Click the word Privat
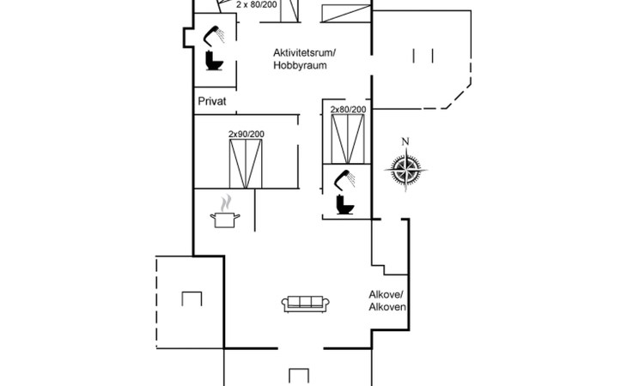pyautogui.click(x=212, y=101)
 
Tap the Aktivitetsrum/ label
pyautogui.click(x=305, y=52)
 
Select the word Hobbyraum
pyautogui.click(x=300, y=65)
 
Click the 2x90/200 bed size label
pyautogui.click(x=247, y=134)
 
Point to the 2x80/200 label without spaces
pyautogui.click(x=349, y=110)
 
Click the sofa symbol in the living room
pyautogui.click(x=306, y=305)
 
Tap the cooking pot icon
pyautogui.click(x=225, y=220)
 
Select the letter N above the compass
pyautogui.click(x=405, y=142)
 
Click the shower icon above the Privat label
pyautogui.click(x=214, y=34)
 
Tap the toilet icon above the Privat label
pyautogui.click(x=215, y=61)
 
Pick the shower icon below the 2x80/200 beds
pyautogui.click(x=344, y=179)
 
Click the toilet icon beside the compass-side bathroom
pyautogui.click(x=345, y=204)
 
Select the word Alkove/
pyautogui.click(x=387, y=295)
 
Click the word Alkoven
pyautogui.click(x=387, y=307)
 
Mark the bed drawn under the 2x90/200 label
pyautogui.click(x=246, y=164)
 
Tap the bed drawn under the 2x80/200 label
pyautogui.click(x=348, y=139)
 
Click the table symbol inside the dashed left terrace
pyautogui.click(x=192, y=299)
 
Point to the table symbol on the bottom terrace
pyautogui.click(x=299, y=376)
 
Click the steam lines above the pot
pyautogui.click(x=226, y=202)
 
